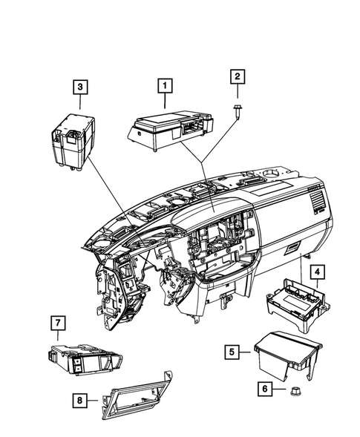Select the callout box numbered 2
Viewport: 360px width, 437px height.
click(238, 76)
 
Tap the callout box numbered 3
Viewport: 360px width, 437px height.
click(79, 88)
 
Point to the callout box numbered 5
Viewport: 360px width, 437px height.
click(232, 351)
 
